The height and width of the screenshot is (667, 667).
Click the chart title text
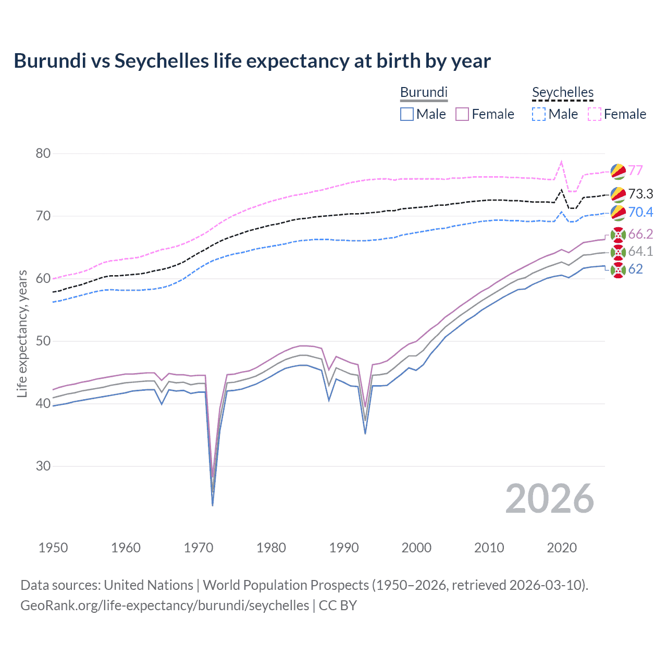(x=252, y=61)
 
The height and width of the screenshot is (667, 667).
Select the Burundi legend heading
(x=424, y=92)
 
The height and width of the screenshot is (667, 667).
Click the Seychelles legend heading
(x=562, y=92)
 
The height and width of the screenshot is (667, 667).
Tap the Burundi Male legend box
(x=407, y=114)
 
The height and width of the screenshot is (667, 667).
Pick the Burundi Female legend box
(x=462, y=114)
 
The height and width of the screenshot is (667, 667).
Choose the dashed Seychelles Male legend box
(x=539, y=114)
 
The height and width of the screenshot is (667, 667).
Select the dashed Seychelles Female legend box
(x=595, y=114)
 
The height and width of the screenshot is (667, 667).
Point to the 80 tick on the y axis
(x=43, y=153)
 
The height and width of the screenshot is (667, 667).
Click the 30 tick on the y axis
(x=43, y=466)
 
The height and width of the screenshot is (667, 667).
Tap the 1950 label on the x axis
(x=53, y=548)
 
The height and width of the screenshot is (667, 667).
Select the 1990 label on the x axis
(x=344, y=548)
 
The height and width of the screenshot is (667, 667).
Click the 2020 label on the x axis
(x=562, y=548)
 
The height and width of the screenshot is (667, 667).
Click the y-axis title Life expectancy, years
(x=22, y=333)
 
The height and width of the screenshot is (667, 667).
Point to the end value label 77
(x=635, y=170)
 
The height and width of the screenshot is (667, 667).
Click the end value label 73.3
(x=640, y=194)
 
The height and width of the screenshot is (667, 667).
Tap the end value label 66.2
(x=640, y=234)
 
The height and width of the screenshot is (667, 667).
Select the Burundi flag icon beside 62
(x=617, y=270)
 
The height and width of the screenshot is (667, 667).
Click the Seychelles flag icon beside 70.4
(x=617, y=212)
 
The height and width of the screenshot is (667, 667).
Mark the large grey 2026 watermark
(x=549, y=499)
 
